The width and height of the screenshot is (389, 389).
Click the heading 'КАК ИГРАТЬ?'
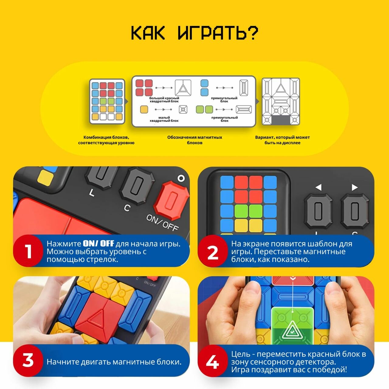click(194, 33)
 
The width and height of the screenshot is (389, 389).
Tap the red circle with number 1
click(28, 251)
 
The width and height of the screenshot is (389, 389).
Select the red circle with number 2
click(213, 251)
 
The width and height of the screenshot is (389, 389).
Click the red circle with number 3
click(28, 361)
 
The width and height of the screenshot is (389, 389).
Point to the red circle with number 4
click(213, 361)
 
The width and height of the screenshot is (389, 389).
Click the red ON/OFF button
click(172, 201)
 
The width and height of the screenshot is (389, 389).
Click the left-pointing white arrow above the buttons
click(318, 187)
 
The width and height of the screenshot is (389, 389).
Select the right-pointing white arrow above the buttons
click(355, 187)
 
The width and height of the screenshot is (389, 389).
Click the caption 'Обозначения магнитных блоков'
click(194, 140)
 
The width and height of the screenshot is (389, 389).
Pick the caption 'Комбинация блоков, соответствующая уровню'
click(106, 140)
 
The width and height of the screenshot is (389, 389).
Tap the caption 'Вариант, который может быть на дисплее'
click(282, 140)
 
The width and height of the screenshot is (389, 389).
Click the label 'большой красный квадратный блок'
click(164, 99)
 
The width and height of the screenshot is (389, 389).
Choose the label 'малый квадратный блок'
click(164, 119)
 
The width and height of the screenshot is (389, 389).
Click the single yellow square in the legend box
click(144, 110)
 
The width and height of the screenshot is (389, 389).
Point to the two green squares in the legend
click(205, 109)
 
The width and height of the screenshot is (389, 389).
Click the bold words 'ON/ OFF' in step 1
click(98, 244)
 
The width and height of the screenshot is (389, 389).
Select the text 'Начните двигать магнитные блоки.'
click(114, 362)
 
